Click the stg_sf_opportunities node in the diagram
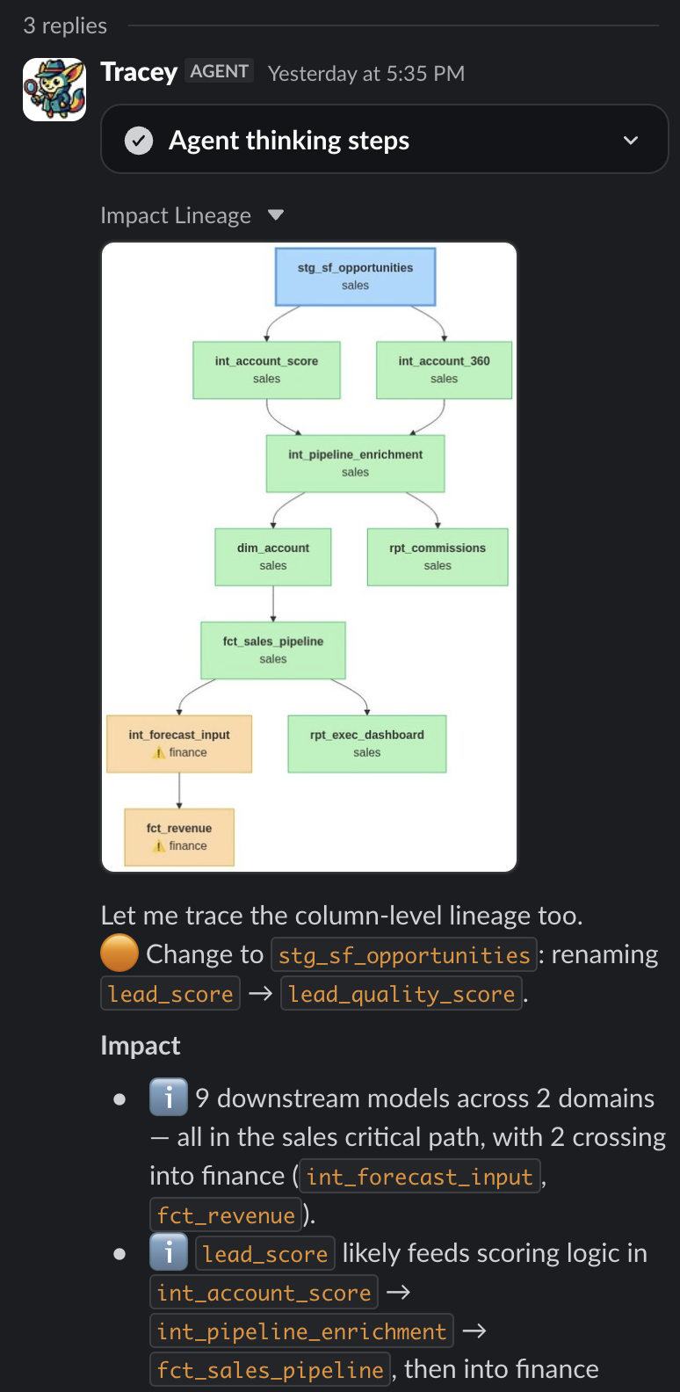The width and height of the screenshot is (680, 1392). point(355,277)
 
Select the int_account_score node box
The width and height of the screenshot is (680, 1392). point(266,370)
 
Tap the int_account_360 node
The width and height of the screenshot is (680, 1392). point(444,370)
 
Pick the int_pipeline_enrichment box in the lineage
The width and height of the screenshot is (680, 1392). point(355,464)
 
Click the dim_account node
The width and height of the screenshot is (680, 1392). point(272,557)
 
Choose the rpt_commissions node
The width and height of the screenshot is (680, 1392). point(438,557)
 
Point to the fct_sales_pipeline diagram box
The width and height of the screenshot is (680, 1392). point(272,650)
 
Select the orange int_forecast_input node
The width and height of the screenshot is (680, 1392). point(179,743)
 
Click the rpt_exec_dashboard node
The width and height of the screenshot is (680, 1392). point(367,743)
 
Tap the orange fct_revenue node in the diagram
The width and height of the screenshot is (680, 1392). point(179,837)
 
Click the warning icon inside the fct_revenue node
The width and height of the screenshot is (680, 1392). point(159,845)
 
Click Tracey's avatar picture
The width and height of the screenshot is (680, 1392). point(54,90)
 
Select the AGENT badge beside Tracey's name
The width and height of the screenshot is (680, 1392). point(220,71)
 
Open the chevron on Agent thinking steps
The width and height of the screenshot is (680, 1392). point(630,141)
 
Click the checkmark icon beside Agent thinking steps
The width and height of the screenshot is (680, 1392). point(139,141)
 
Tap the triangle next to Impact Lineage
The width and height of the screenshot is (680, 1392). point(276,215)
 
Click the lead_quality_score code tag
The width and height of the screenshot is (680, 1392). point(401,994)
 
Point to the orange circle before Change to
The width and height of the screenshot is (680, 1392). point(119,953)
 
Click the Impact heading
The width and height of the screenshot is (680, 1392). point(141,1046)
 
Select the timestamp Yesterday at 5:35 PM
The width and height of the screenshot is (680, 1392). point(366,73)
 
